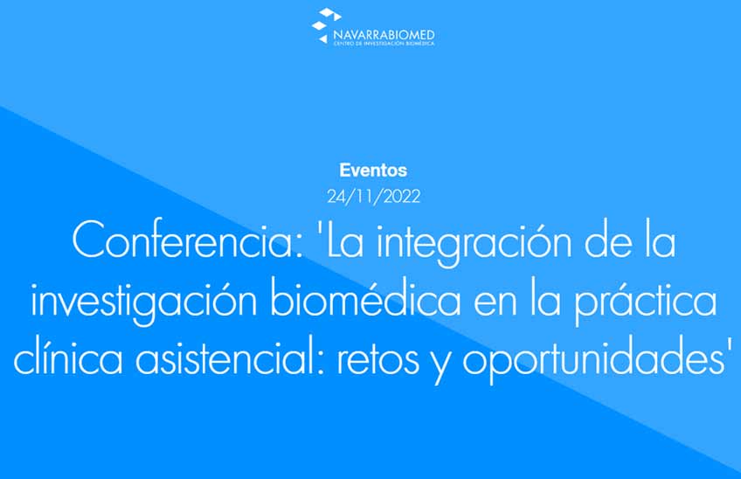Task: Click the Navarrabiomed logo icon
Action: (326, 25)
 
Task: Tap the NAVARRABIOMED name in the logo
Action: (384, 35)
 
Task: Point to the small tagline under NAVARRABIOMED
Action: (384, 44)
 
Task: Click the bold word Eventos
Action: (373, 170)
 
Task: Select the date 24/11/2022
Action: (373, 197)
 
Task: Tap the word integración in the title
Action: (474, 245)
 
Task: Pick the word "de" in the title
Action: (608, 240)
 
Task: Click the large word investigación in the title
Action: (144, 302)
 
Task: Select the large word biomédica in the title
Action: (365, 299)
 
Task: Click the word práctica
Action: (646, 302)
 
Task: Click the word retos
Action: (378, 359)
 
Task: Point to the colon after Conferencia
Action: (299, 246)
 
